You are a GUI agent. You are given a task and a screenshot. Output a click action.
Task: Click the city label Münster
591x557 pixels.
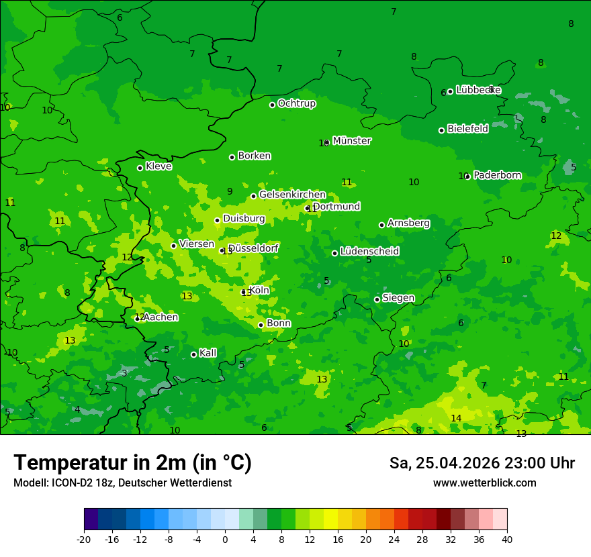pyautogui.click(x=351, y=141)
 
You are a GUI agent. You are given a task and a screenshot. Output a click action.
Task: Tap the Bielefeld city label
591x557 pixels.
pyautogui.click(x=467, y=129)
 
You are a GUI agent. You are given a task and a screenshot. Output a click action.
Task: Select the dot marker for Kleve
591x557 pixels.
pyautogui.click(x=140, y=168)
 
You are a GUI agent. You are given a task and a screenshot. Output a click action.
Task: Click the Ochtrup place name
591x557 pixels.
pyautogui.click(x=296, y=103)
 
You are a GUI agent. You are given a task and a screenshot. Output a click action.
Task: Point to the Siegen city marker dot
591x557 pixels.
pyautogui.click(x=377, y=299)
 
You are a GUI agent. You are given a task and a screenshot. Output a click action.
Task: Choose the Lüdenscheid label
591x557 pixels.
pyautogui.click(x=369, y=252)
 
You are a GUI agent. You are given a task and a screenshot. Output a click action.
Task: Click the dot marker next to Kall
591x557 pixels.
pyautogui.click(x=193, y=354)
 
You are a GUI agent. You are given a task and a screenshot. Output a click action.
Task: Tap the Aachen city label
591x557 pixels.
pyautogui.click(x=161, y=317)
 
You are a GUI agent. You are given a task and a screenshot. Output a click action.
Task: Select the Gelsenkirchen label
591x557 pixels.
pyautogui.click(x=292, y=195)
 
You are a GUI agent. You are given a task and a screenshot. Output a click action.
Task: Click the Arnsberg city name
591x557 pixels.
pyautogui.click(x=408, y=223)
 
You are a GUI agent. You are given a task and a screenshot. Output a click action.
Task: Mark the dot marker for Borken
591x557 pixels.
pyautogui.click(x=232, y=157)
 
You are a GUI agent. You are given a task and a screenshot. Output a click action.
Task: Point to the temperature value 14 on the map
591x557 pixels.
pyautogui.click(x=456, y=418)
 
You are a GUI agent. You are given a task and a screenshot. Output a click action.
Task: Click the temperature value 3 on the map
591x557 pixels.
pyautogui.click(x=124, y=373)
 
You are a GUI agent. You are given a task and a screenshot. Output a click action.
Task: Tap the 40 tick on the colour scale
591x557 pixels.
pyautogui.click(x=507, y=539)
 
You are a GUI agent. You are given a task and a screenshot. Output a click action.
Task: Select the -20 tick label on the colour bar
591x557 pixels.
pyautogui.click(x=84, y=539)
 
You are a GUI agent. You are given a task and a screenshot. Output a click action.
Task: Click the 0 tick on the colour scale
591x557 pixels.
pyautogui.click(x=225, y=539)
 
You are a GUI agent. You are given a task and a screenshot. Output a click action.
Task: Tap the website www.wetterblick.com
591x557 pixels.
pyautogui.click(x=484, y=483)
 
